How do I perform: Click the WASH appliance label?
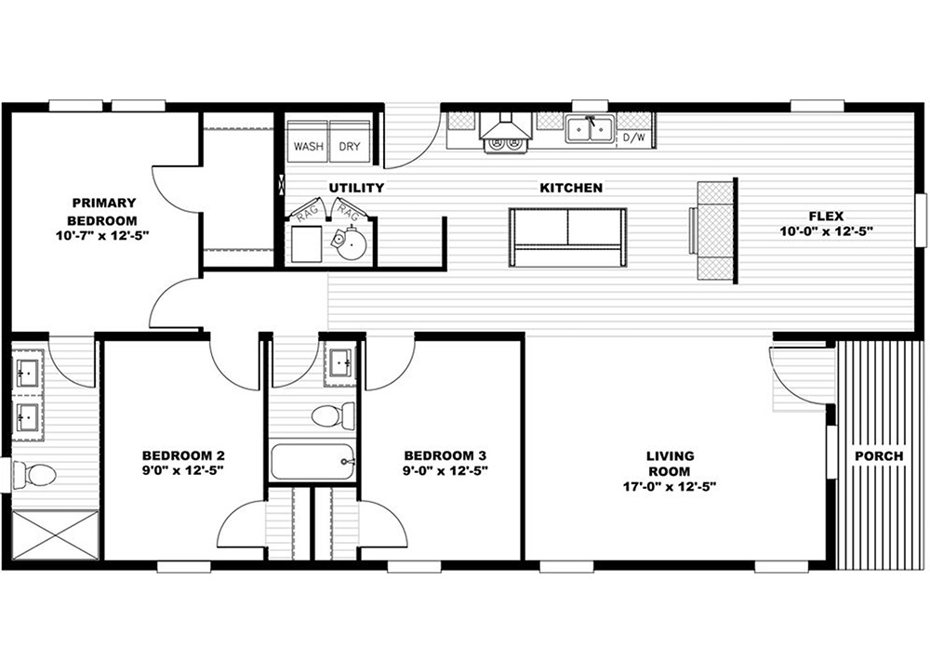[309, 146]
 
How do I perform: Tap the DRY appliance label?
[350, 146]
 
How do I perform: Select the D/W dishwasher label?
[633, 138]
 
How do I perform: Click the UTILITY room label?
[356, 188]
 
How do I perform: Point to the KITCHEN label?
[571, 188]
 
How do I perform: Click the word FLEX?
[826, 216]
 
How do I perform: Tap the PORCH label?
[879, 455]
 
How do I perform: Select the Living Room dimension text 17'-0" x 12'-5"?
[670, 487]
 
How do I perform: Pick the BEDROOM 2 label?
[183, 455]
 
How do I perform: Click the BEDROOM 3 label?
[445, 455]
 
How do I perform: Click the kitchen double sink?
[589, 128]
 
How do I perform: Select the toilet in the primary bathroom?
[34, 474]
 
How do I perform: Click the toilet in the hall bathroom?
[333, 414]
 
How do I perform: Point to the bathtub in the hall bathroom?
[312, 462]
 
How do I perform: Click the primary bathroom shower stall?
[56, 534]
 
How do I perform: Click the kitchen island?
[567, 237]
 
